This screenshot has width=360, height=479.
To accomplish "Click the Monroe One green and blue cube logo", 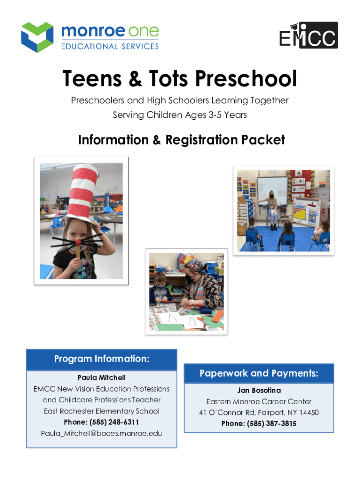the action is pyautogui.click(x=37, y=37).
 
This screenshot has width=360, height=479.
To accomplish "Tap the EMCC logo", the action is pyautogui.click(x=309, y=35).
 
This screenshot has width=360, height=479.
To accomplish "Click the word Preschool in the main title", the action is pyautogui.click(x=246, y=79).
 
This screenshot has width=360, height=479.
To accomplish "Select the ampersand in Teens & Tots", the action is pyautogui.click(x=135, y=79).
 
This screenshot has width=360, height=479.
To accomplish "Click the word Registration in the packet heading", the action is pyautogui.click(x=202, y=140).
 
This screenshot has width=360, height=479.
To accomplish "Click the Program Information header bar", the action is pyautogui.click(x=101, y=359).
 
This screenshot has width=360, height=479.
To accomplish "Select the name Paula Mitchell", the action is pyautogui.click(x=101, y=377).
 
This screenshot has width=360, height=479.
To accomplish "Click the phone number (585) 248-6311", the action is pyautogui.click(x=114, y=422).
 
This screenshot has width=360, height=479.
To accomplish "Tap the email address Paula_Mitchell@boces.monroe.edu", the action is pyautogui.click(x=101, y=434).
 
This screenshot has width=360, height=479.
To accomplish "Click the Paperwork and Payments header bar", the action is pyautogui.click(x=259, y=373).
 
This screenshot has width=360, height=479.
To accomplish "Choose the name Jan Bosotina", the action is pyautogui.click(x=259, y=390).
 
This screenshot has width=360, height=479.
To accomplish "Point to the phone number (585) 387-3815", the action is pyautogui.click(x=272, y=423).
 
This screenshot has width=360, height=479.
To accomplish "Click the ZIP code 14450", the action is pyautogui.click(x=309, y=413).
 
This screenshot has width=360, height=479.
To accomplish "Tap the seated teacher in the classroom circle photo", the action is pyautogui.click(x=272, y=211).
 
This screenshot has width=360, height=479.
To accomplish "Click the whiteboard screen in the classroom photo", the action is pyautogui.click(x=272, y=191).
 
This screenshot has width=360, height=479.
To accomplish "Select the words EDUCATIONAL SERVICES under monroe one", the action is pyautogui.click(x=110, y=46).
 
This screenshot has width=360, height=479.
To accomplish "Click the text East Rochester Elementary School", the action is pyautogui.click(x=101, y=411).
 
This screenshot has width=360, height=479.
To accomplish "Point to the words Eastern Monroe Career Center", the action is pyautogui.click(x=259, y=401).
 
